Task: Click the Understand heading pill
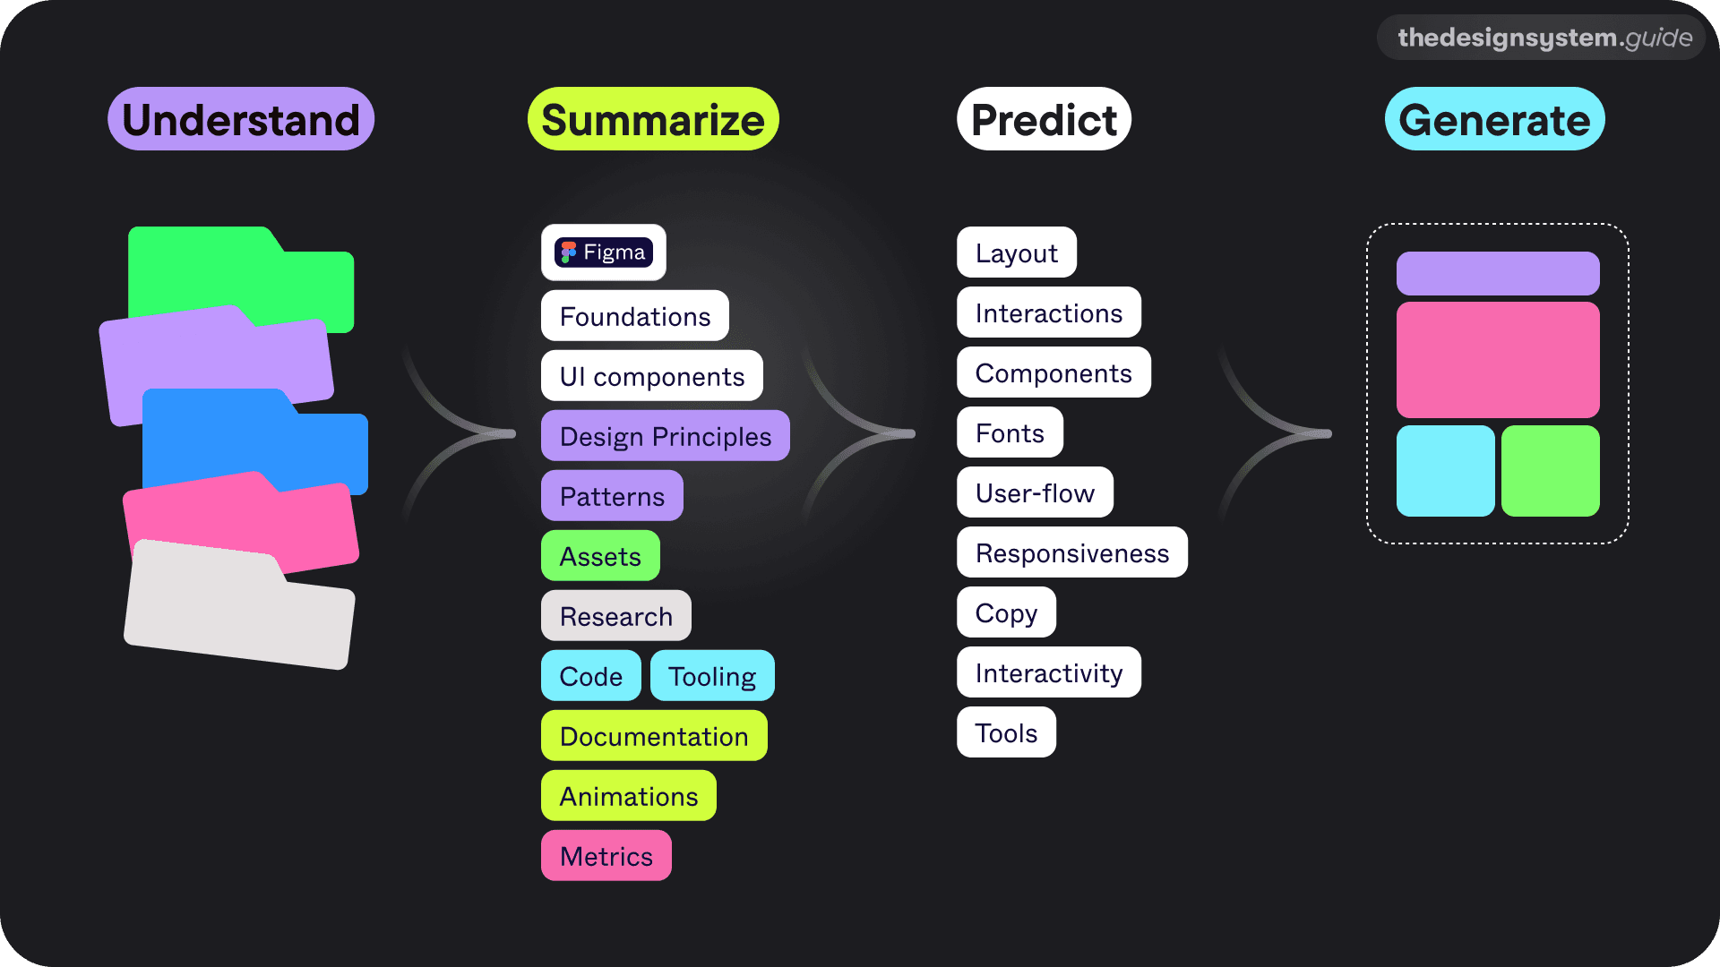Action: point(240,119)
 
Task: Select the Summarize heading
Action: point(653,119)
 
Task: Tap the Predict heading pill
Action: point(1044,119)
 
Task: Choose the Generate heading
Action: point(1494,119)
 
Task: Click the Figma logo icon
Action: point(568,252)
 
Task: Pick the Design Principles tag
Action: point(665,436)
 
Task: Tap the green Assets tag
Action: point(600,556)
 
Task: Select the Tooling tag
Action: point(711,676)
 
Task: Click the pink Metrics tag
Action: point(606,856)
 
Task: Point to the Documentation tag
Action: point(654,736)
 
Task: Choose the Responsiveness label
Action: point(1071,552)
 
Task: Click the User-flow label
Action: point(1035,492)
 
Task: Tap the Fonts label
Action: point(1010,432)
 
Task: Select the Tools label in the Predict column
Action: point(1006,732)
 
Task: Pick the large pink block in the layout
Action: point(1498,359)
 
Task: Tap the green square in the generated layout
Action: point(1550,471)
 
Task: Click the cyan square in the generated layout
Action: point(1445,471)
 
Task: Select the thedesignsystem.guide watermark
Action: point(1544,38)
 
